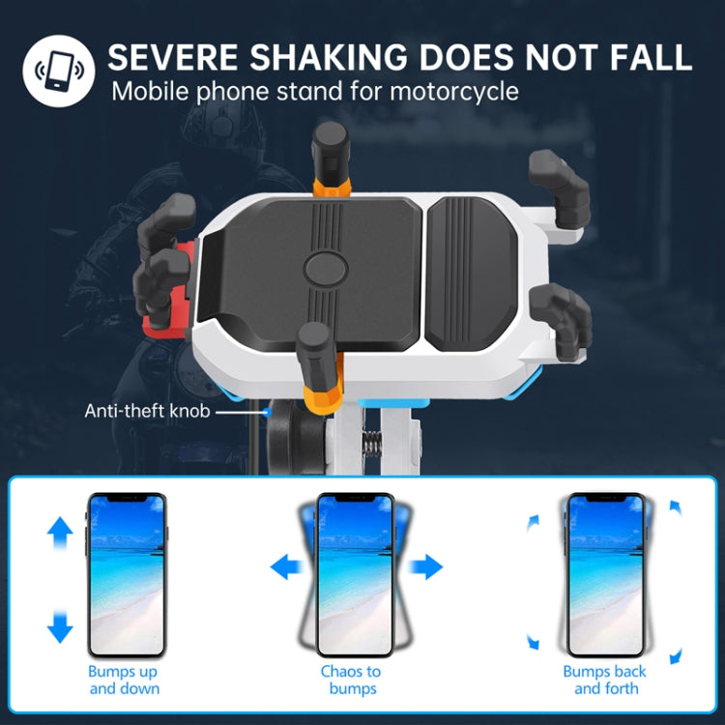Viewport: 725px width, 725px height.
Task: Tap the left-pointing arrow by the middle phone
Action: [x=286, y=566]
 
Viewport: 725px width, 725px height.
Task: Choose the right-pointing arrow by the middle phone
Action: [x=426, y=566]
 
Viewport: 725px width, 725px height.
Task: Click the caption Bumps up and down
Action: [x=125, y=680]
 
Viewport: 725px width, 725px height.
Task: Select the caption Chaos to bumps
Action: [x=351, y=680]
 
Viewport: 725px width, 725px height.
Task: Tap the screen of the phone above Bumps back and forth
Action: [x=605, y=575]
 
